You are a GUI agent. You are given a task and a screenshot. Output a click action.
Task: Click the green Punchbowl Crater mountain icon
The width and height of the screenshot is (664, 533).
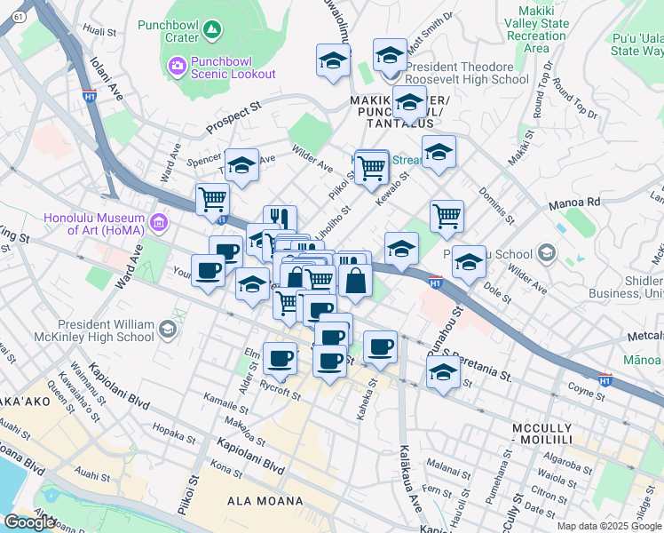[x=211, y=31]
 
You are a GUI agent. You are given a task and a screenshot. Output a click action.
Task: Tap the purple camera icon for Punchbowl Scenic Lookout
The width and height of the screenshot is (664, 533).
[x=176, y=66]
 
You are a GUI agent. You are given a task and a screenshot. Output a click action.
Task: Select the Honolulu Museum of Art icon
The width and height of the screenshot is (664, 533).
[x=160, y=221]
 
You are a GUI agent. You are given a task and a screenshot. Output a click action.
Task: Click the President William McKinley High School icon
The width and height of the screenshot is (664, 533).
[x=166, y=331]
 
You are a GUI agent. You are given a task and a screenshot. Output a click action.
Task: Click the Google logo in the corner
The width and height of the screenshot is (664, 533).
[x=29, y=522]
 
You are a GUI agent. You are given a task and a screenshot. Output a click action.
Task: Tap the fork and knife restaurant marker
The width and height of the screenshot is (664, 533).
[x=280, y=219]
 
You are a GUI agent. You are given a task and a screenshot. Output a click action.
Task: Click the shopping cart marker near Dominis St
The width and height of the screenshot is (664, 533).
[x=447, y=215]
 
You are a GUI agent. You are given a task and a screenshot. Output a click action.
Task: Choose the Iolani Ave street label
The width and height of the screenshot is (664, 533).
[x=105, y=80]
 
